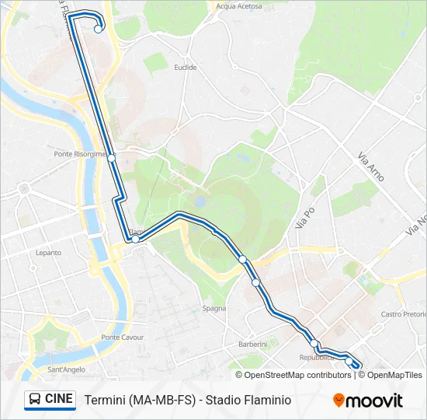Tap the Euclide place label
click(186, 68)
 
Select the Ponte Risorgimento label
click(80, 154)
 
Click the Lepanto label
click(48, 253)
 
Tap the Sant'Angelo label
click(66, 369)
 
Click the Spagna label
click(214, 309)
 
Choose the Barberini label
click(252, 344)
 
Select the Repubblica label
click(316, 358)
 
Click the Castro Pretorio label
click(404, 314)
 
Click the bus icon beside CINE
click(35, 400)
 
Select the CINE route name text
click(59, 399)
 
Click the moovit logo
click(368, 401)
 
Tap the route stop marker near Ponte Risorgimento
click(112, 158)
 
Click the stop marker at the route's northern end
click(99, 30)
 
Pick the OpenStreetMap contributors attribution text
click(298, 375)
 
